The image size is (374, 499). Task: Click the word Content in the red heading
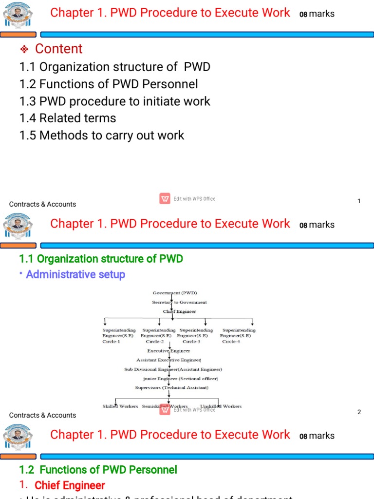click(59, 49)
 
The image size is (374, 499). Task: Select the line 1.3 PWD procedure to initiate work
click(115, 101)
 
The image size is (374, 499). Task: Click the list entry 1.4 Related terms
click(68, 118)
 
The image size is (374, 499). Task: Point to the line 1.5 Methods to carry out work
click(102, 135)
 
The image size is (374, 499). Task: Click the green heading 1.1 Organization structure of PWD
click(101, 259)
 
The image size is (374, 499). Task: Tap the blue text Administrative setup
click(75, 274)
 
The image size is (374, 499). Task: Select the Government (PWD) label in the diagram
click(175, 293)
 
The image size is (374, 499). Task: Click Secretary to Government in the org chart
click(179, 302)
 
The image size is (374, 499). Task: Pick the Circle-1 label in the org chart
click(111, 342)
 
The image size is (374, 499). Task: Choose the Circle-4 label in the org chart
click(231, 342)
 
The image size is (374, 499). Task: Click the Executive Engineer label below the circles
click(168, 350)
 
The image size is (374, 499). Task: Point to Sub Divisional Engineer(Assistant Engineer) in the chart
click(173, 369)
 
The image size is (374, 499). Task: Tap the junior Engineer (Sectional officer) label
click(180, 379)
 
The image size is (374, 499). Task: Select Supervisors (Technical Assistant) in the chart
click(171, 387)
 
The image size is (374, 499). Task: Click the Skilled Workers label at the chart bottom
click(120, 406)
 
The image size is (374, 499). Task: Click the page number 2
click(359, 412)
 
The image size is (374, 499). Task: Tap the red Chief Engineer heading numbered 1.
click(70, 485)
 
